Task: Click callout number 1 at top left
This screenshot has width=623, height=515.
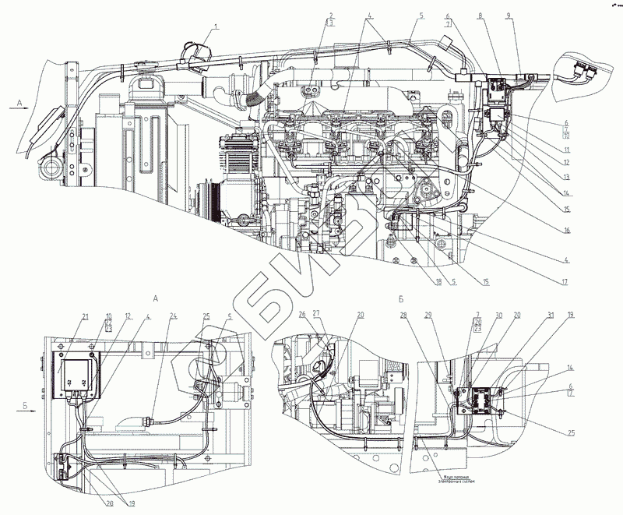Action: pyautogui.click(x=217, y=27)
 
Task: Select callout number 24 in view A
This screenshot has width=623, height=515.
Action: pyautogui.click(x=174, y=315)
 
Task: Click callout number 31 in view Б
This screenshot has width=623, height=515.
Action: pyautogui.click(x=550, y=315)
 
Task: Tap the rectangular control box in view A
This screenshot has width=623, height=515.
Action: pyautogui.click(x=75, y=375)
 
